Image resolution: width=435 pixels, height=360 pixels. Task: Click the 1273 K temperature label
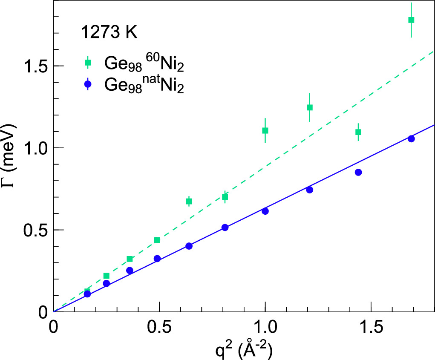pyautogui.click(x=109, y=33)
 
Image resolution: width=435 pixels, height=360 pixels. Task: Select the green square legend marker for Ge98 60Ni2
pyautogui.click(x=88, y=63)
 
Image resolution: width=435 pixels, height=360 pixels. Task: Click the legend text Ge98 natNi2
pyautogui.click(x=144, y=85)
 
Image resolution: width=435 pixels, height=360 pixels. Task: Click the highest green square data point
pyautogui.click(x=411, y=20)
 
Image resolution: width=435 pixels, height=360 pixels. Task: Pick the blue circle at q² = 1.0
pyautogui.click(x=265, y=211)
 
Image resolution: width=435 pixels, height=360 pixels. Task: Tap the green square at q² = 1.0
pyautogui.click(x=265, y=130)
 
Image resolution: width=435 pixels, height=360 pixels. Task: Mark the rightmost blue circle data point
pyautogui.click(x=411, y=138)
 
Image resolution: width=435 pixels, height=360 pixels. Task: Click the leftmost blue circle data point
pyautogui.click(x=87, y=294)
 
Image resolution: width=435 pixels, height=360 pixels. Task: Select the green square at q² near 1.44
pyautogui.click(x=358, y=132)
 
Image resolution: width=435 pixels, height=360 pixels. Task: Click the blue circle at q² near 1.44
pyautogui.click(x=358, y=172)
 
